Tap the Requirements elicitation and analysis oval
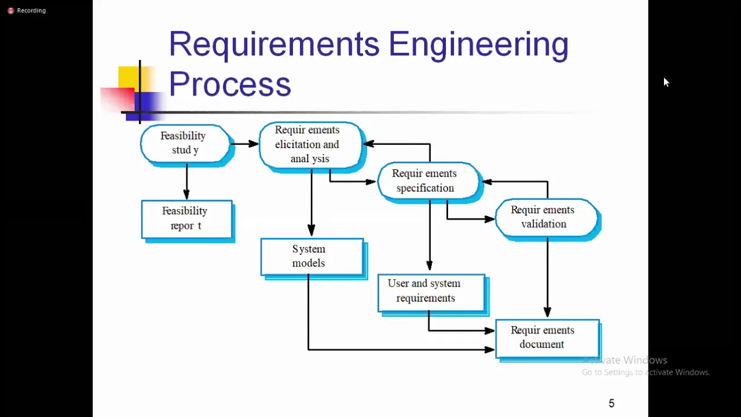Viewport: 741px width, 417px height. [x=311, y=145]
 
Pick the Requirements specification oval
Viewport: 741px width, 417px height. [x=428, y=181]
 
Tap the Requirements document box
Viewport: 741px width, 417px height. [x=548, y=339]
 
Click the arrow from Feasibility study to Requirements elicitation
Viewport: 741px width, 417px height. [x=244, y=144]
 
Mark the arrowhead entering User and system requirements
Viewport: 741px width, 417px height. [x=430, y=265]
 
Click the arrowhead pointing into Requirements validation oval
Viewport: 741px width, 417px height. [x=490, y=219]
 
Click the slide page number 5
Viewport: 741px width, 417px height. [x=611, y=403]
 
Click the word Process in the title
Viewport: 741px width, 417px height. [x=230, y=84]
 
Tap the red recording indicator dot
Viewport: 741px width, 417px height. [x=10, y=10]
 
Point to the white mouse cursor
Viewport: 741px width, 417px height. [x=666, y=82]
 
